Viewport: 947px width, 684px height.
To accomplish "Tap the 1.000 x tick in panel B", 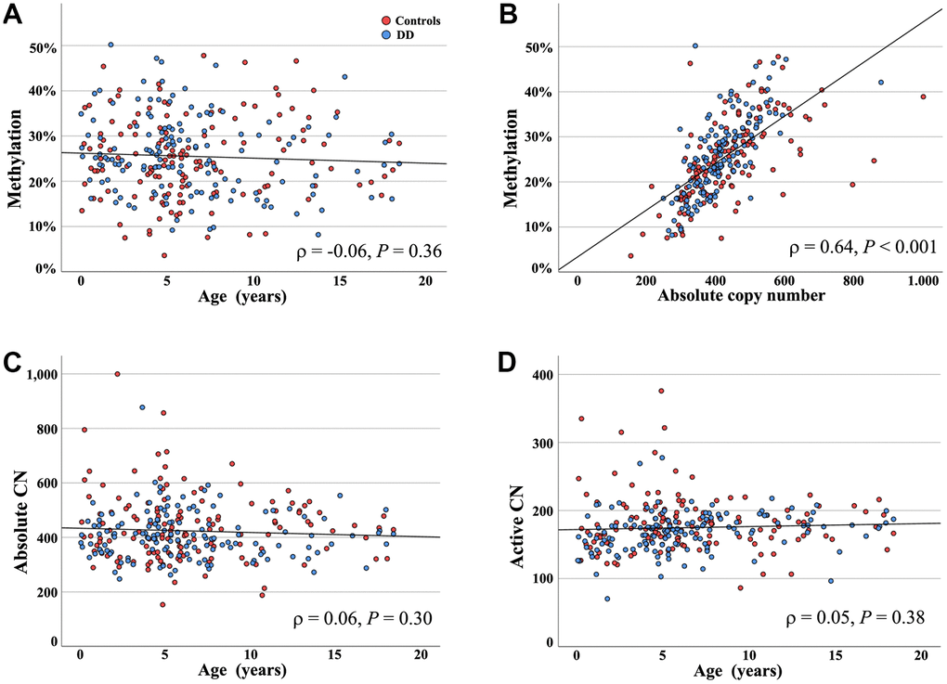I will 923,283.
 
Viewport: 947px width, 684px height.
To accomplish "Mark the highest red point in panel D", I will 661,391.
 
